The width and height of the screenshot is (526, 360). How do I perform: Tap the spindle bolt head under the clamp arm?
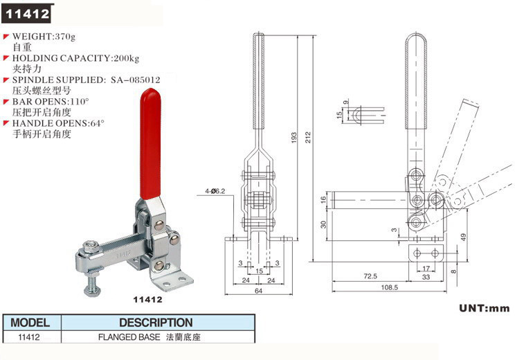pyautogui.click(x=91, y=246)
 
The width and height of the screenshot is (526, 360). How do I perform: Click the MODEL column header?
pyautogui.click(x=30, y=323)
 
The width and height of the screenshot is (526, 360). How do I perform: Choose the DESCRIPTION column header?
pyautogui.click(x=156, y=323)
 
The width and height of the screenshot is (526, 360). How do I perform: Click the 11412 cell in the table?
pyautogui.click(x=30, y=338)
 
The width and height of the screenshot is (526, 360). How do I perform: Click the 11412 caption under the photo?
pyautogui.click(x=147, y=300)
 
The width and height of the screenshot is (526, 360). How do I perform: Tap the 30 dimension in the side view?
pyautogui.click(x=323, y=223)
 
